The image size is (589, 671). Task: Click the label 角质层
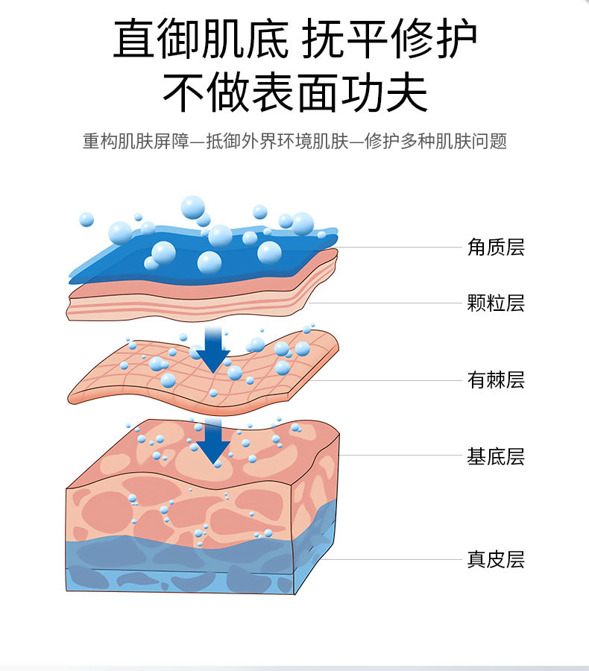click(x=496, y=247)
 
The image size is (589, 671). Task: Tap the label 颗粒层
click(x=496, y=303)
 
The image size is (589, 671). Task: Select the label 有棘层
click(x=496, y=380)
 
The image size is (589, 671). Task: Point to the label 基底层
click(x=496, y=456)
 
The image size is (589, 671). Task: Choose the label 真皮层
click(x=496, y=559)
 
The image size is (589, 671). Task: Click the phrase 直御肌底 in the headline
click(x=200, y=39)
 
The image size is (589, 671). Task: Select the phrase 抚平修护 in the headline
click(x=389, y=39)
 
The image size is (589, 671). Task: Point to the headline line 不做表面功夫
click(x=295, y=93)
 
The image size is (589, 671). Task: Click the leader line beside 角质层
click(x=403, y=247)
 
